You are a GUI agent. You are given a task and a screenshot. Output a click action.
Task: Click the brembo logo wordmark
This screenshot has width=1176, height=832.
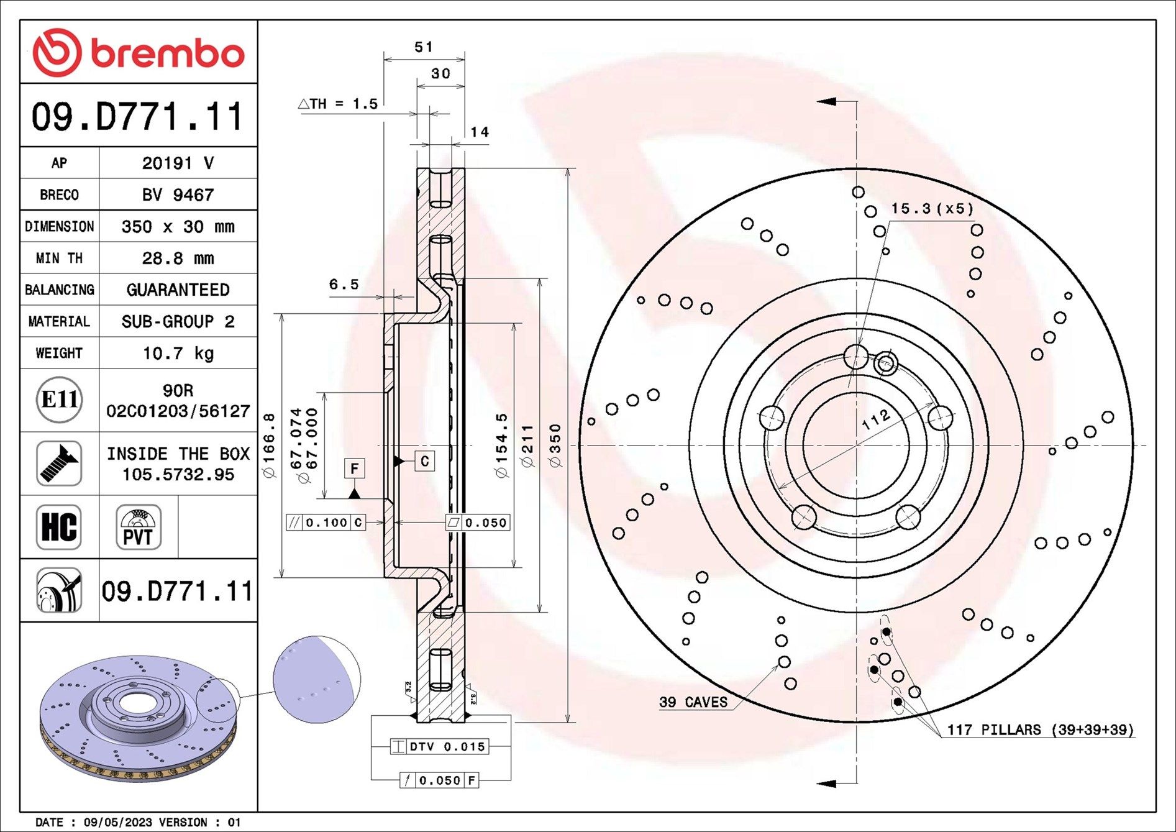(168, 53)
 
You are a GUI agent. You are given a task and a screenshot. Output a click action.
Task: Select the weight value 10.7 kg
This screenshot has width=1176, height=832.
(178, 354)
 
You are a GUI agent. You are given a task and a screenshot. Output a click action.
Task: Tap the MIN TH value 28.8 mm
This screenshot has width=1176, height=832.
(178, 258)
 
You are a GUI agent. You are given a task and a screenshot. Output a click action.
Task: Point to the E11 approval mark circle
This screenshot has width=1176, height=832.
(59, 400)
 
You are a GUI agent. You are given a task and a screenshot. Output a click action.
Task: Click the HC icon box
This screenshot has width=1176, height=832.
(59, 527)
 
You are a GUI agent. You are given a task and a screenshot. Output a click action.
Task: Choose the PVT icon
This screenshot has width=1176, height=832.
(139, 527)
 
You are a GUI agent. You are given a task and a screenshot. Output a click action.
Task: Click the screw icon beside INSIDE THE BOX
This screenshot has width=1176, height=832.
(59, 464)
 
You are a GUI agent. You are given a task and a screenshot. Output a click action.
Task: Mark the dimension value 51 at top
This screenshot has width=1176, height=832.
(424, 47)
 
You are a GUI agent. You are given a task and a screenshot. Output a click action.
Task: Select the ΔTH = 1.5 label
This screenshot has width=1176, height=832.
(338, 104)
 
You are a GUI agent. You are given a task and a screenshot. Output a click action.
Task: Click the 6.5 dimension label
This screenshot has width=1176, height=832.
(344, 284)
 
